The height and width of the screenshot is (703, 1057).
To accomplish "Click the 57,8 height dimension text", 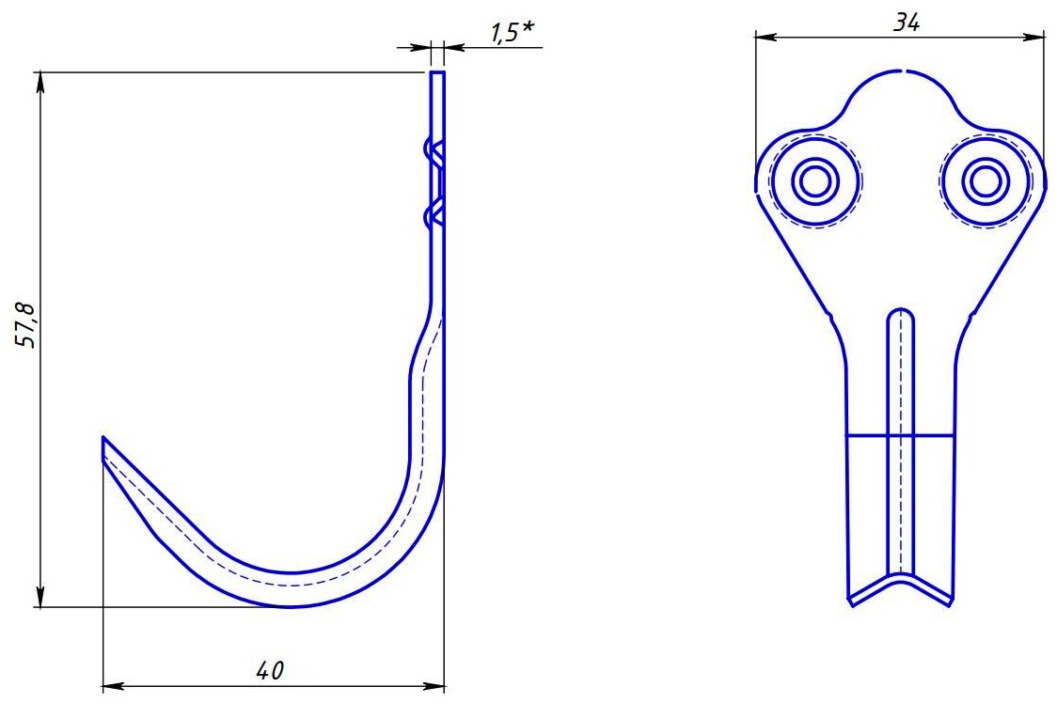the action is [26, 325].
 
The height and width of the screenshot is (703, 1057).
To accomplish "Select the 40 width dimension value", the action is [270, 670].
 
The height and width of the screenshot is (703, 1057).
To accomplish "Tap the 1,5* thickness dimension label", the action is [512, 32].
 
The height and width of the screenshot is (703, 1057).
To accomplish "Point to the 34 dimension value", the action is [907, 23].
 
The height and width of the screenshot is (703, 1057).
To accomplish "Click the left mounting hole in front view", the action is [814, 180].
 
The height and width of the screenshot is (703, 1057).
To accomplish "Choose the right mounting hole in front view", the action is [986, 180].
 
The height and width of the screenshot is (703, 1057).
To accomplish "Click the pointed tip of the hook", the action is [103, 438].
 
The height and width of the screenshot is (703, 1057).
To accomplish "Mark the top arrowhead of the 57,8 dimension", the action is [40, 81].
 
